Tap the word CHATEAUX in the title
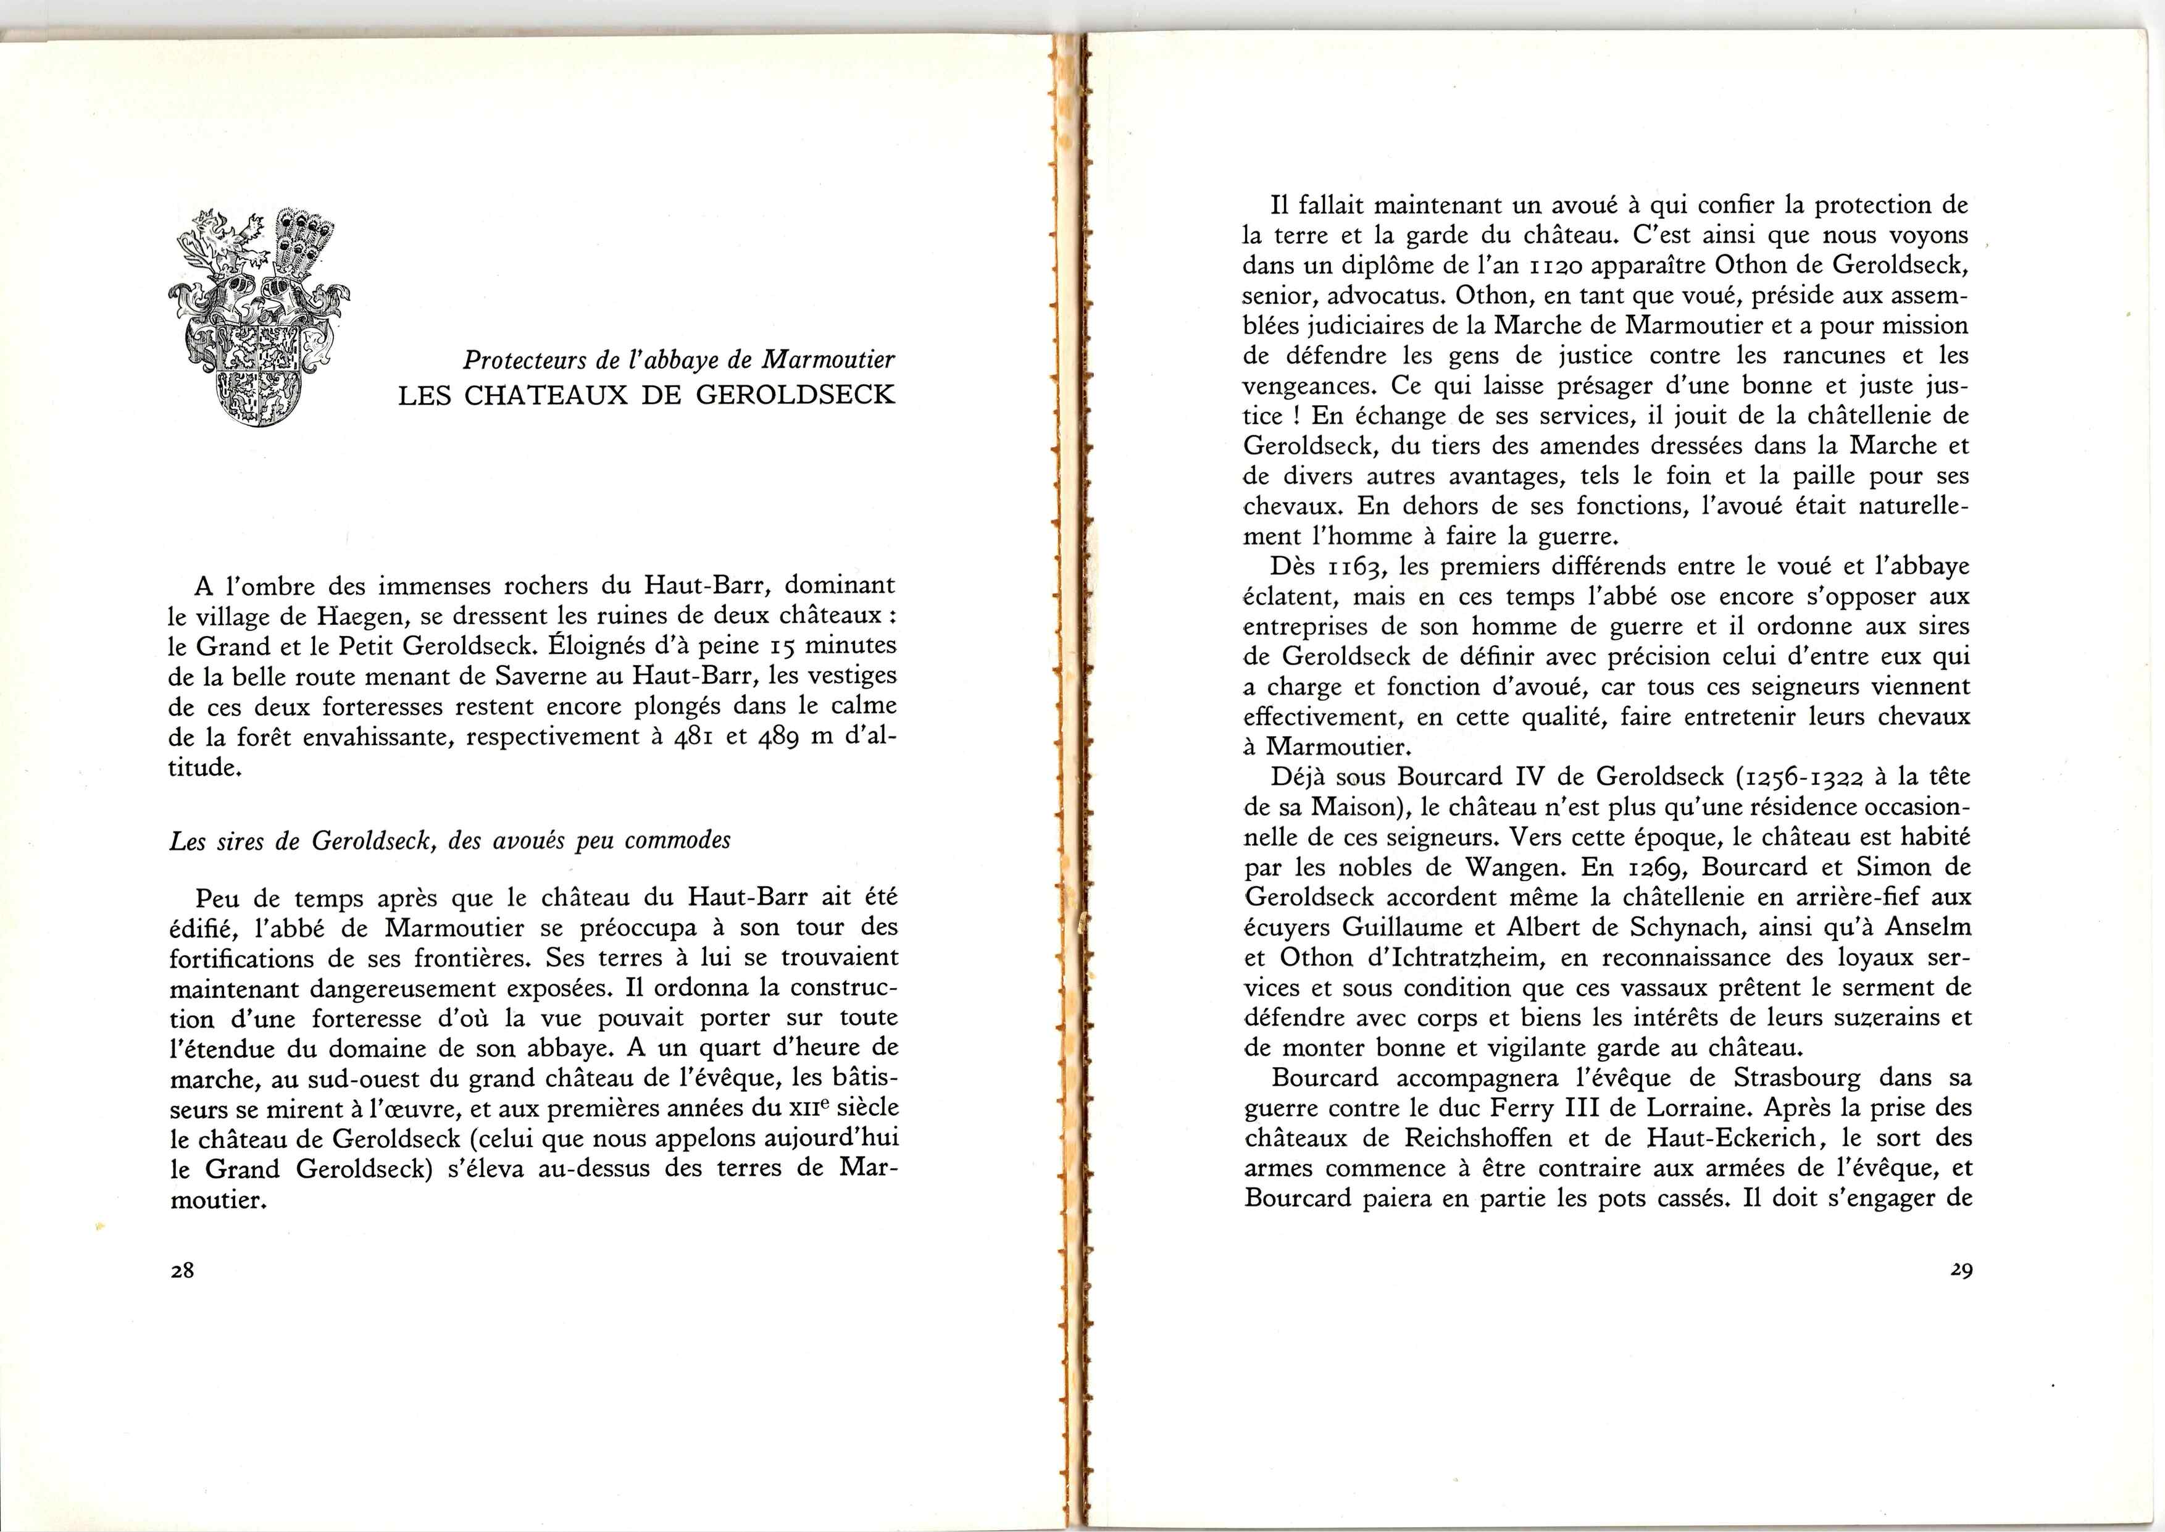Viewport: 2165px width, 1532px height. pos(546,395)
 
